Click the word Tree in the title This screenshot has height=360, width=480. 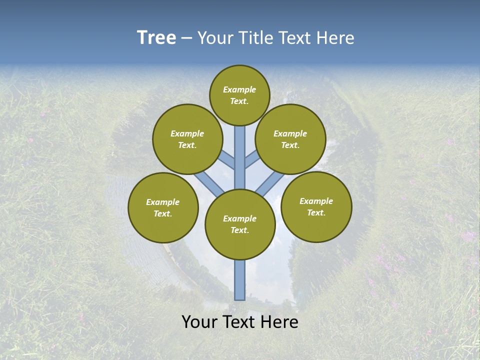[x=156, y=38]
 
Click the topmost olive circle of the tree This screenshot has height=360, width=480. [x=239, y=95]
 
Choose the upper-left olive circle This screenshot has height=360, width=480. [x=187, y=139]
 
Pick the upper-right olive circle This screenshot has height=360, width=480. [x=290, y=139]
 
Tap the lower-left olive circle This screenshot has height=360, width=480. [x=163, y=207]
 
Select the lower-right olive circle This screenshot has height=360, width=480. [x=316, y=206]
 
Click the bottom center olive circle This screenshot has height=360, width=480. [x=240, y=224]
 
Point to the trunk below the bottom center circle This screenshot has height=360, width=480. [x=239, y=280]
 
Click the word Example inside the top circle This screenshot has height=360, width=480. [x=239, y=89]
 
